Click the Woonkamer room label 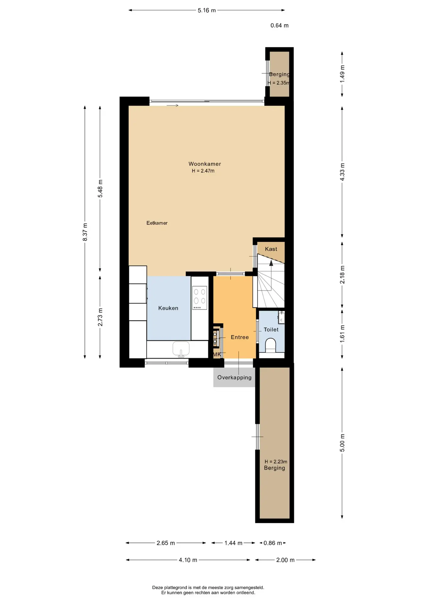[x=205, y=164]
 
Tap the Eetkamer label [x=157, y=223]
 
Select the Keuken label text [x=168, y=308]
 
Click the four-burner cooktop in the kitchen [x=200, y=298]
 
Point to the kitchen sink [x=181, y=349]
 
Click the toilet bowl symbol [x=271, y=345]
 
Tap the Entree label [x=240, y=337]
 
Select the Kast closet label [x=271, y=249]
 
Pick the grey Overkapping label [x=234, y=378]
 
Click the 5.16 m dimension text [x=207, y=10]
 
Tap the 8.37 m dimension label [x=85, y=232]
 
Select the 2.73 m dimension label [x=100, y=317]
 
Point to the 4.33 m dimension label [x=342, y=172]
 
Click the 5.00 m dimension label [x=342, y=443]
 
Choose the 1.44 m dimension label [x=233, y=543]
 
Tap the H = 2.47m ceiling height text [x=203, y=171]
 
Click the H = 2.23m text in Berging [x=276, y=462]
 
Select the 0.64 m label [x=280, y=25]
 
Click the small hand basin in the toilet [x=281, y=317]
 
